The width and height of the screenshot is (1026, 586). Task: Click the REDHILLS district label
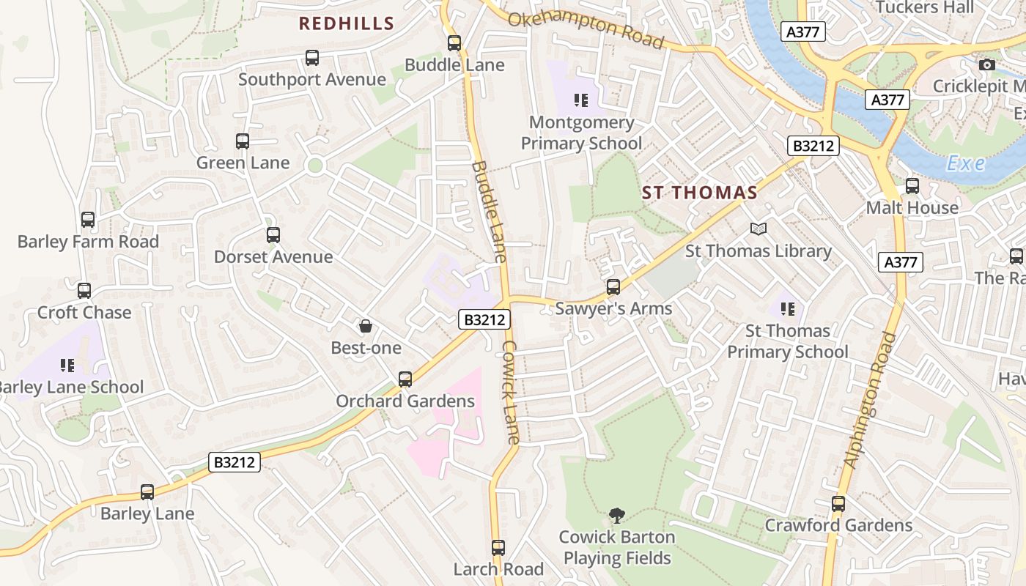(x=347, y=23)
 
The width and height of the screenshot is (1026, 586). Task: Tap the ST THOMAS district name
(x=699, y=193)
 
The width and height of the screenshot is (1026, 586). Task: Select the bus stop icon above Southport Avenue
(x=312, y=58)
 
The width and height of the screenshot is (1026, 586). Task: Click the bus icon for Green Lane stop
(x=243, y=141)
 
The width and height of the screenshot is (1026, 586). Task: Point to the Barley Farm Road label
(x=88, y=241)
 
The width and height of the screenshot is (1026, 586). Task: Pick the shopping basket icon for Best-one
(x=366, y=326)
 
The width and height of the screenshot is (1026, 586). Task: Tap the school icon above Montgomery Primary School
(x=581, y=100)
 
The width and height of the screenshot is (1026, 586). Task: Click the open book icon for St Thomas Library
(x=759, y=229)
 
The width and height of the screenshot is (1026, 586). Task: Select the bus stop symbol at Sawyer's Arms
(x=613, y=287)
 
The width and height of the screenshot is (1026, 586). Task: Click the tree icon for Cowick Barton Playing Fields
(x=617, y=516)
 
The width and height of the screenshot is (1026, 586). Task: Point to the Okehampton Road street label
(x=586, y=29)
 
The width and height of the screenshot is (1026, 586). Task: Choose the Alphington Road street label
(x=870, y=400)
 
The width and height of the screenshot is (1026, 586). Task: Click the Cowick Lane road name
(x=511, y=392)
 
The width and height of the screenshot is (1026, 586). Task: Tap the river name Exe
(x=965, y=163)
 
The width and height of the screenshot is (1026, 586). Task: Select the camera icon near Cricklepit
(x=987, y=64)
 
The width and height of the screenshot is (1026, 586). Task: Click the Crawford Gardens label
(x=838, y=525)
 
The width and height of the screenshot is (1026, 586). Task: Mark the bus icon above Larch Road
(x=498, y=547)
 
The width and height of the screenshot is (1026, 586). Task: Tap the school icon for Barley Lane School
(x=67, y=365)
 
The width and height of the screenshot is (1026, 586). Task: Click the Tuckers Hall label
(x=925, y=7)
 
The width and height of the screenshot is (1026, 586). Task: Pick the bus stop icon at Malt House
(x=912, y=186)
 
